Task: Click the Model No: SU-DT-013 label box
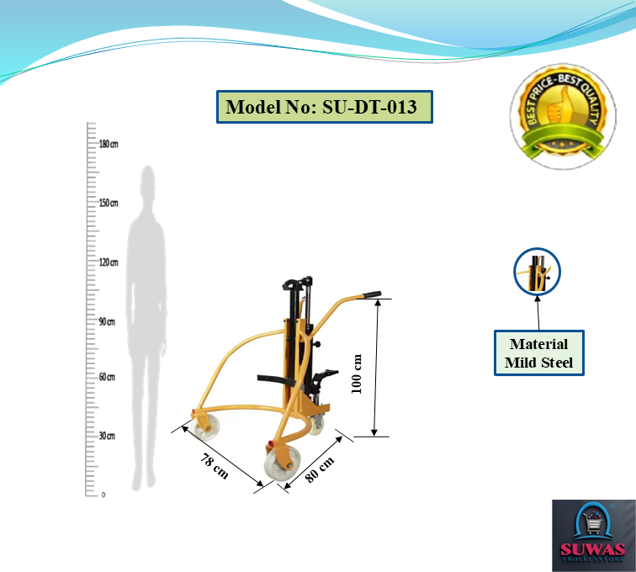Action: click(x=324, y=108)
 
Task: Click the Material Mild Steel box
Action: click(x=538, y=353)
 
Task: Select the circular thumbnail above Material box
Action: click(x=537, y=272)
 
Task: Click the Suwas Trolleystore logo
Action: click(x=593, y=535)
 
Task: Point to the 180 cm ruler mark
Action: click(x=109, y=144)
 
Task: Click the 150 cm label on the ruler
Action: click(x=109, y=203)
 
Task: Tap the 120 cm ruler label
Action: click(x=109, y=262)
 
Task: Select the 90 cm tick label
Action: click(x=107, y=321)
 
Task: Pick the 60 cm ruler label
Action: click(x=107, y=377)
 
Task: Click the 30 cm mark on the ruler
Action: click(x=107, y=436)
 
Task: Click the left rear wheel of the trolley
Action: click(x=204, y=427)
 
